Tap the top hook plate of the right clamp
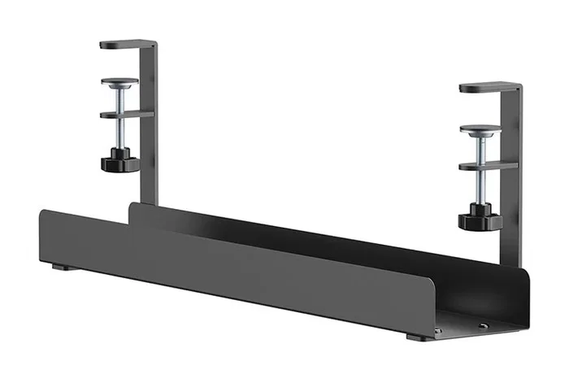click(x=489, y=86)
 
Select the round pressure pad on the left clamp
click(x=119, y=81)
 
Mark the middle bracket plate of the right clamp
click(x=488, y=165)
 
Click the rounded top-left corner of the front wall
click(x=45, y=213)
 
